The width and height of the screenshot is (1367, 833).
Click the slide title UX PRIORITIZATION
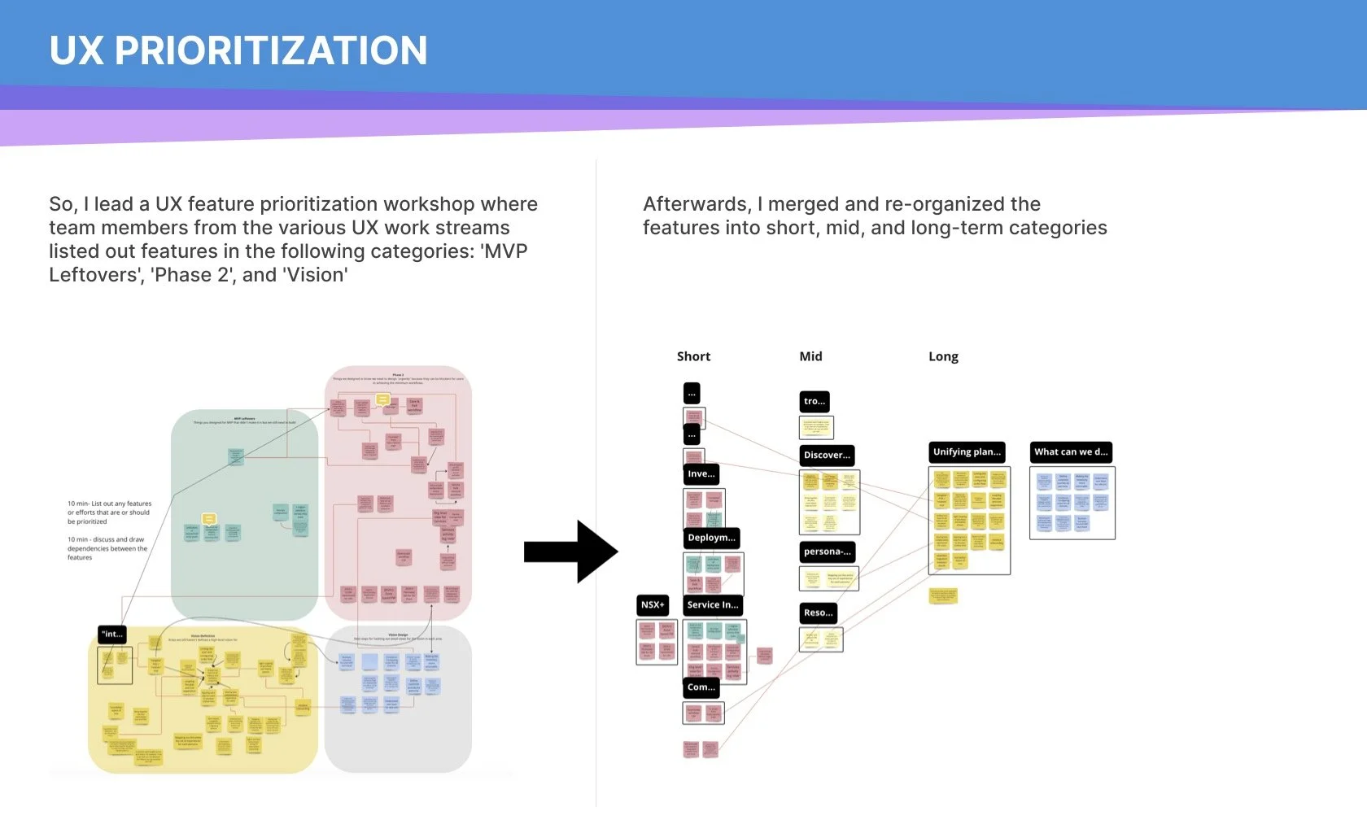[x=238, y=50]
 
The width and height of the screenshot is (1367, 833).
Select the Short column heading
[x=693, y=356]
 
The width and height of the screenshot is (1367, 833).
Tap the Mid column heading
[x=810, y=356]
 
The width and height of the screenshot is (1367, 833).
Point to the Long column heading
[x=943, y=356]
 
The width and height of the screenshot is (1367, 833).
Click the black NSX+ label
[x=653, y=605]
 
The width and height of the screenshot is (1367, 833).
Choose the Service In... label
[x=713, y=605]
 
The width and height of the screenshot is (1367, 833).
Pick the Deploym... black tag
[x=711, y=538]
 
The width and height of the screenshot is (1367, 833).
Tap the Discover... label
[x=827, y=456]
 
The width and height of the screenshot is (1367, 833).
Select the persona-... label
[x=828, y=552]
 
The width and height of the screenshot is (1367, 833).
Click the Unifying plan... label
[x=967, y=452]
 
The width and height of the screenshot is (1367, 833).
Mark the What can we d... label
[x=1071, y=452]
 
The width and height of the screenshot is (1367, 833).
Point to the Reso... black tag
[x=818, y=613]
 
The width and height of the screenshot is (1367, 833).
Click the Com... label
[x=701, y=687]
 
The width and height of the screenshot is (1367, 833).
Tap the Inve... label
[x=701, y=474]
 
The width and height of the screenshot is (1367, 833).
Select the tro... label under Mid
[x=815, y=401]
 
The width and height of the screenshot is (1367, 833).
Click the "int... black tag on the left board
[x=112, y=635]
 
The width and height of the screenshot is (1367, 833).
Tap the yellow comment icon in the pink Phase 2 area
[x=382, y=399]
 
